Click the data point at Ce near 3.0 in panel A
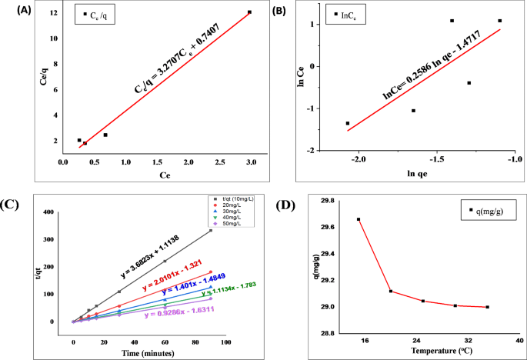point(249,12)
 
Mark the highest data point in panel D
point(359,219)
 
